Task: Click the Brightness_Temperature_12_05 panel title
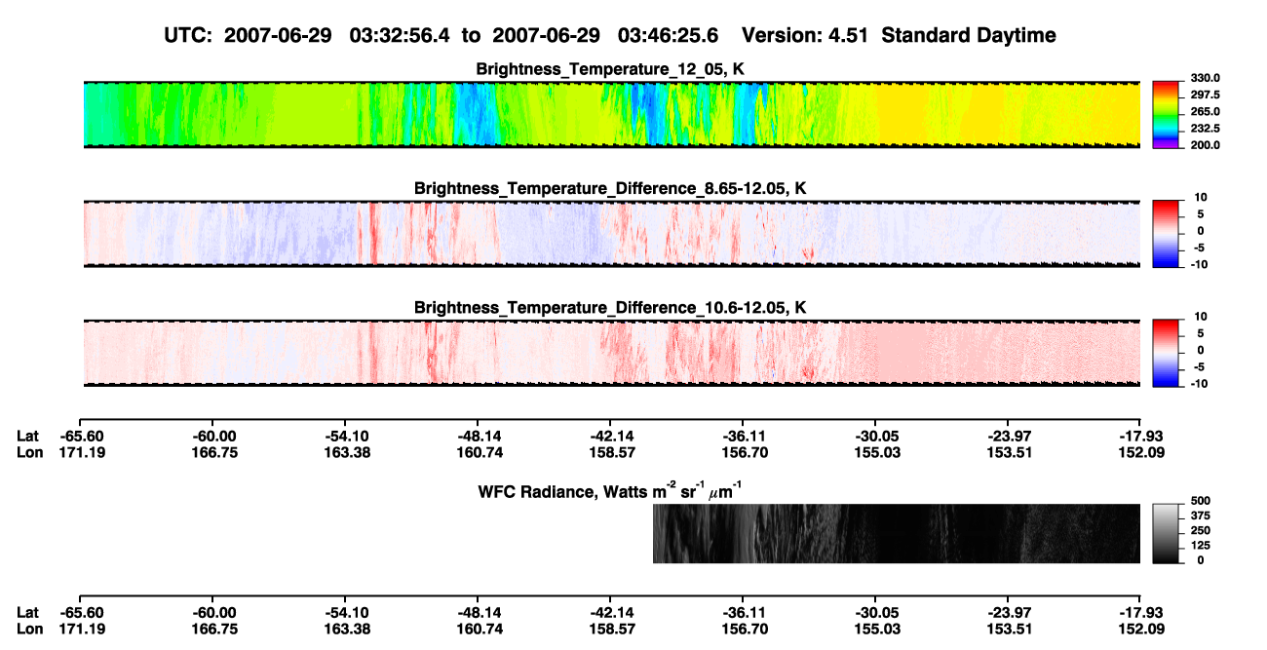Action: tap(610, 69)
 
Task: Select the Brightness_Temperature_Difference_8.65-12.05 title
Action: tap(610, 188)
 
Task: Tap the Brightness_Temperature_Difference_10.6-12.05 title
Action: tap(610, 308)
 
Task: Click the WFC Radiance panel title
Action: tap(610, 491)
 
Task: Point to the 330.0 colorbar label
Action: tap(1205, 78)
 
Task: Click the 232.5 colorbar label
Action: tap(1205, 129)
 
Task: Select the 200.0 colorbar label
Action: tap(1205, 145)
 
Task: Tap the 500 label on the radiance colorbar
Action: tap(1201, 501)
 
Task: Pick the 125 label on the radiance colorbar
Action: tap(1201, 546)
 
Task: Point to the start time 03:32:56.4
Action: tap(400, 36)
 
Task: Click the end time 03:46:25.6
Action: tap(668, 36)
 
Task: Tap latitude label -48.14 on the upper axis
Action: tap(479, 437)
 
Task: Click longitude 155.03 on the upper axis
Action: tap(877, 452)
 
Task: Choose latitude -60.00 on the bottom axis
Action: tap(213, 613)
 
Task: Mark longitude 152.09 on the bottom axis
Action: tap(1141, 630)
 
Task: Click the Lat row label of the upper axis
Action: tap(27, 437)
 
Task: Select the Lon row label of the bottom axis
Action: tap(29, 630)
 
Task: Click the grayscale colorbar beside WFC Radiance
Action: tap(1166, 533)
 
